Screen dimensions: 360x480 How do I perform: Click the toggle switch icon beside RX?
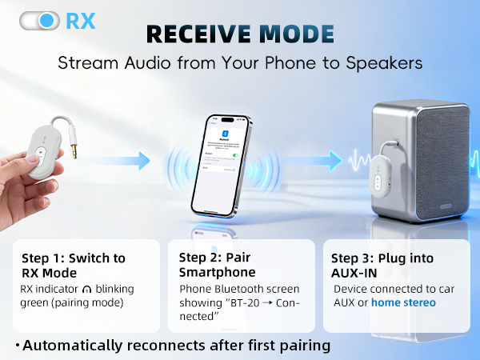pyautogui.click(x=40, y=20)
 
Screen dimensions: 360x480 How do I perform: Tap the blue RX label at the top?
pyautogui.click(x=80, y=20)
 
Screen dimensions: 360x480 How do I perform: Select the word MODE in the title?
pyautogui.click(x=298, y=34)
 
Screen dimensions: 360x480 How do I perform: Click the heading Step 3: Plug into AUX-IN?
pyautogui.click(x=383, y=266)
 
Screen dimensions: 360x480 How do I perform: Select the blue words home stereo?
pyautogui.click(x=403, y=302)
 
